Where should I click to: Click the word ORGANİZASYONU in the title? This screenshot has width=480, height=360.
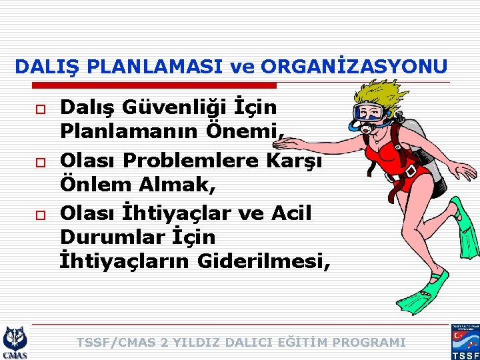coord(355,67)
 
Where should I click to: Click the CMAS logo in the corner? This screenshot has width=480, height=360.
coord(15,341)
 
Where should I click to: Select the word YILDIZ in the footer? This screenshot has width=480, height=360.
coord(199,343)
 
